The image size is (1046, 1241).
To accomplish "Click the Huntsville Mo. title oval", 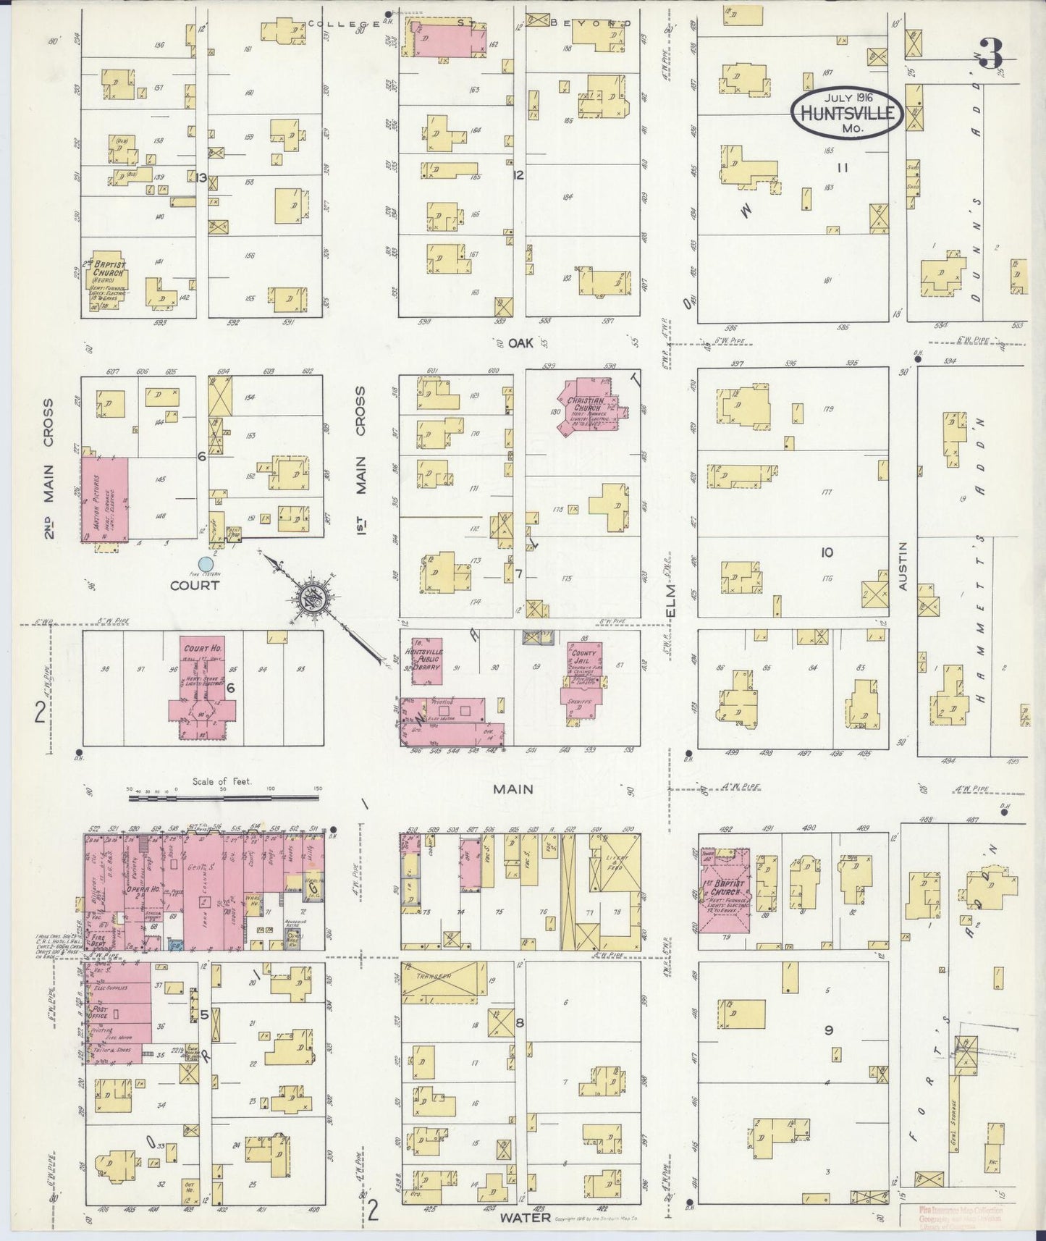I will [x=846, y=113].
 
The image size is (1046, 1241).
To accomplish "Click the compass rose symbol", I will [x=318, y=599].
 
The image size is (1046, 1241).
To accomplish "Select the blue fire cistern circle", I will [x=206, y=563].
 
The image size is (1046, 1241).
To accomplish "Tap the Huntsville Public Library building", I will [x=426, y=661].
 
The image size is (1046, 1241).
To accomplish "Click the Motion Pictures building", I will [x=105, y=498].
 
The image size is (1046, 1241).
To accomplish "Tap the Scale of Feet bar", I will [x=224, y=799].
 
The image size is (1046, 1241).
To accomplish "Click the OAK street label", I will [x=520, y=343].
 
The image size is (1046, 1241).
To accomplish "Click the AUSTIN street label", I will [x=903, y=568].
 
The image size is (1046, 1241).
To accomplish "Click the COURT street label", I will [x=194, y=585].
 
